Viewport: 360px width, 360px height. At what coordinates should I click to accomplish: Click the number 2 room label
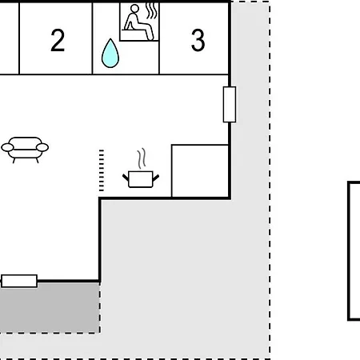(x=58, y=40)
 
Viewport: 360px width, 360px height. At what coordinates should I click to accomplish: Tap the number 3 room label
(x=198, y=40)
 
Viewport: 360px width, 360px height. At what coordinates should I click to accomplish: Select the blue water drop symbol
(x=110, y=53)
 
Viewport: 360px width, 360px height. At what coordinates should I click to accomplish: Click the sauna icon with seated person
(x=139, y=22)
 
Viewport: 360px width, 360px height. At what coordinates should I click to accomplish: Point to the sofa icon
(x=25, y=150)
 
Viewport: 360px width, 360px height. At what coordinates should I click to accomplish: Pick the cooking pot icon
(x=141, y=179)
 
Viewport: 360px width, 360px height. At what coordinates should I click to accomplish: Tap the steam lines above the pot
(x=142, y=158)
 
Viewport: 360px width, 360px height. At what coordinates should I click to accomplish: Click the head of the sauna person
(x=134, y=9)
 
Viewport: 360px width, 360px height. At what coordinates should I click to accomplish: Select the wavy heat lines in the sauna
(x=152, y=11)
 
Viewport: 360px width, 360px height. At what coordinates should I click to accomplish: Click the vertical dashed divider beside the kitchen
(x=102, y=170)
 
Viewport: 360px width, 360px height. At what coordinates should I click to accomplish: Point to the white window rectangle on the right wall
(x=230, y=105)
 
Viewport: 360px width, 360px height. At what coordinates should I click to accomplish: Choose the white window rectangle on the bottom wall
(x=19, y=281)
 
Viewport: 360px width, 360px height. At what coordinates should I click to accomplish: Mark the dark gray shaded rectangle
(x=50, y=307)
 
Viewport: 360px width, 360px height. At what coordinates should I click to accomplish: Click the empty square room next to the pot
(x=200, y=171)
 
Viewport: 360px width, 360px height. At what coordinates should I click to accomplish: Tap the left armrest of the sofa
(x=7, y=147)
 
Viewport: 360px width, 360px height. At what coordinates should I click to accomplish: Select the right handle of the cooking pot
(x=156, y=178)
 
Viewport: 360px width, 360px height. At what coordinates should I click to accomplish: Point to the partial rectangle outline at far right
(x=348, y=250)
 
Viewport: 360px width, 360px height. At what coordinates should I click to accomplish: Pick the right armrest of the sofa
(x=42, y=147)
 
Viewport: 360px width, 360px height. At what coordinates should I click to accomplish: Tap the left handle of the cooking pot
(x=126, y=178)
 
